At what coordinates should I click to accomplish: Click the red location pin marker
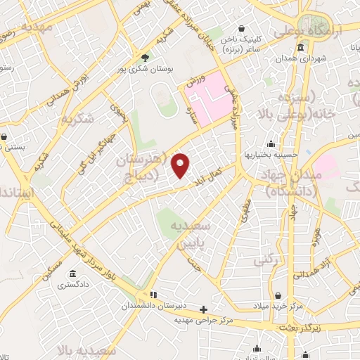coord(181,165)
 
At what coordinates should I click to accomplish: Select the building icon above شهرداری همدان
coord(300,48)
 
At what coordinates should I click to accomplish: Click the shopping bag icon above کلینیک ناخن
coord(243,30)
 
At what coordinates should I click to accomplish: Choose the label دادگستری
coord(73,285)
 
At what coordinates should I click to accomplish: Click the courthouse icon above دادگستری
coord(73,274)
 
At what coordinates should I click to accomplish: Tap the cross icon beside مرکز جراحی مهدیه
coord(203,309)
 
